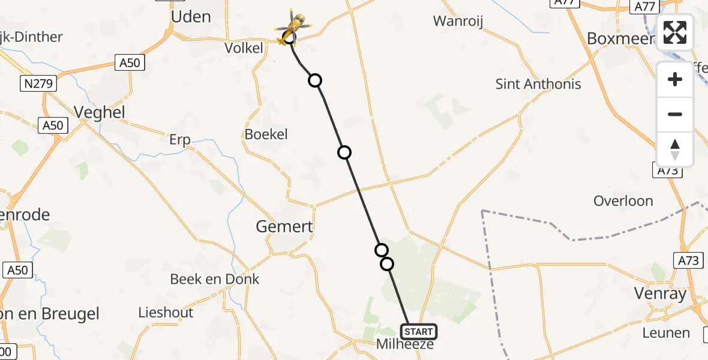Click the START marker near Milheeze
click(418, 332)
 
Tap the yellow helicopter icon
click(294, 28)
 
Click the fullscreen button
click(675, 32)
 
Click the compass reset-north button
click(675, 149)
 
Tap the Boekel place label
click(266, 134)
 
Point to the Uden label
click(191, 17)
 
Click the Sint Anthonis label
click(538, 84)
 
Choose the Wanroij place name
click(458, 22)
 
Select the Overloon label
click(623, 201)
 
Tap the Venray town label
click(659, 294)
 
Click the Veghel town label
click(99, 112)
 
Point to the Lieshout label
click(166, 313)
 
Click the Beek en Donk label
click(215, 279)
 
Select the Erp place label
click(179, 140)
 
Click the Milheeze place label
click(404, 344)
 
